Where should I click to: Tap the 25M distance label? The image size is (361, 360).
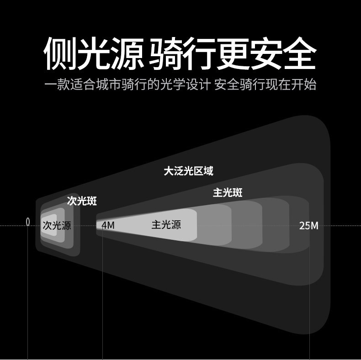pyautogui.click(x=308, y=225)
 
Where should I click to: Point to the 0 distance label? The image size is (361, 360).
pyautogui.click(x=28, y=222)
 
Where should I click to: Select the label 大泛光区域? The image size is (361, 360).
pyautogui.click(x=188, y=171)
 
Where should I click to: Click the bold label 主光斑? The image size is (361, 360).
pyautogui.click(x=227, y=192)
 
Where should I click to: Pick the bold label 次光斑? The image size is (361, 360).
pyautogui.click(x=82, y=201)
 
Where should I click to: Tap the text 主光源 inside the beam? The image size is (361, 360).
pyautogui.click(x=166, y=225)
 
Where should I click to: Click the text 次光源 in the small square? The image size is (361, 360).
pyautogui.click(x=57, y=225)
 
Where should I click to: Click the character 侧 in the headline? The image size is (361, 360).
pyautogui.click(x=59, y=53)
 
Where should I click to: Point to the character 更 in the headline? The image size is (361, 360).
pyautogui.click(x=233, y=53)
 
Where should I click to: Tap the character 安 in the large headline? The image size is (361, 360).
pyautogui.click(x=266, y=53)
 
